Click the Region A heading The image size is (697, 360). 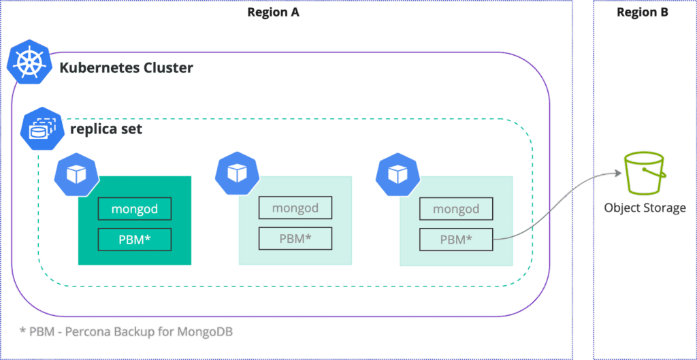[x=273, y=12]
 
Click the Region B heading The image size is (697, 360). [x=642, y=12]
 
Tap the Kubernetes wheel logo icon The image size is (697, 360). [x=29, y=65]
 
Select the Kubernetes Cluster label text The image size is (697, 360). [x=127, y=68]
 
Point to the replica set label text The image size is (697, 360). [x=106, y=128]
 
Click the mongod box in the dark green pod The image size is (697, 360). [x=134, y=209]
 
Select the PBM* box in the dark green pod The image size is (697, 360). [x=134, y=239]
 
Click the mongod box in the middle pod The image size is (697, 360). [x=295, y=208]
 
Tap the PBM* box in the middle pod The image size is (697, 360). [x=295, y=238]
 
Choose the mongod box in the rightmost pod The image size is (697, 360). [x=455, y=209]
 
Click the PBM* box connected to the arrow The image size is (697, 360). [x=455, y=239]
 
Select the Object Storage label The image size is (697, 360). [x=645, y=208]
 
